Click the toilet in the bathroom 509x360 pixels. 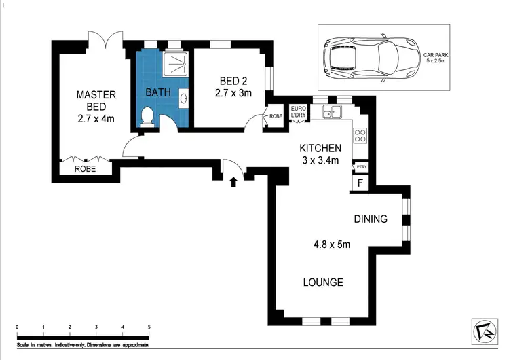click(x=147, y=117)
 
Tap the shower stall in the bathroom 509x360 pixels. click(x=175, y=64)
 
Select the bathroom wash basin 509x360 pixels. click(x=183, y=96)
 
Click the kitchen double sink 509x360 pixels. click(x=332, y=111)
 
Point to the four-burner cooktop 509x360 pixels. click(x=360, y=135)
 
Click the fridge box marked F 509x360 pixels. click(x=360, y=183)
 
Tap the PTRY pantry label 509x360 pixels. click(x=361, y=166)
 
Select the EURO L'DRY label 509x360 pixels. click(x=299, y=112)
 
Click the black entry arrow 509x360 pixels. click(x=233, y=182)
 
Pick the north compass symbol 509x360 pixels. click(x=485, y=331)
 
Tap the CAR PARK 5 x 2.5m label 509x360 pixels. click(x=436, y=58)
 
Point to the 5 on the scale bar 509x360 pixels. click(x=149, y=327)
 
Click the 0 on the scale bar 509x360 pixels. click(x=17, y=327)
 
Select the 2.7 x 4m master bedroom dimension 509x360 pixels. click(x=96, y=119)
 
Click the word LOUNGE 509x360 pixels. click(x=323, y=283)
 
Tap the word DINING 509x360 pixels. click(x=371, y=219)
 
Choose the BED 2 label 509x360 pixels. click(x=233, y=81)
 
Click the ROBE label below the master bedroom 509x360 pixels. click(x=85, y=169)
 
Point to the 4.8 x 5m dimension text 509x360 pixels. click(x=332, y=245)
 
